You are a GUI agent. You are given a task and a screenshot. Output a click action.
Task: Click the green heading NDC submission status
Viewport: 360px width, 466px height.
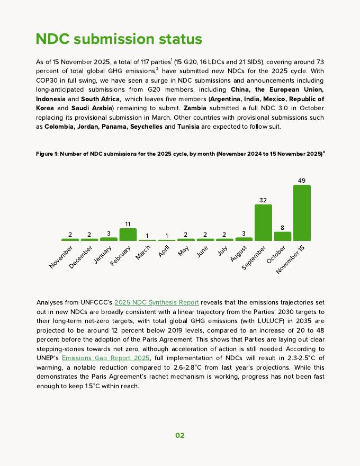(119, 39)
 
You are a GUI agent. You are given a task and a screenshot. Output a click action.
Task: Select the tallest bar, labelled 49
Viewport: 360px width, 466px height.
(302, 213)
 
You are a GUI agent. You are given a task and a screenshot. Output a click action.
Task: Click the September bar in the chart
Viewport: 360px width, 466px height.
(263, 222)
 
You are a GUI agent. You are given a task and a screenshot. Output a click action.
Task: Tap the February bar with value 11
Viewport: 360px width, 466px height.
(128, 235)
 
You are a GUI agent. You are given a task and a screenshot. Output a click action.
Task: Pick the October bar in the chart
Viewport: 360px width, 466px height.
(282, 236)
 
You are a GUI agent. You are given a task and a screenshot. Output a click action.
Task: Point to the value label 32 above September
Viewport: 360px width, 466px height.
(263, 200)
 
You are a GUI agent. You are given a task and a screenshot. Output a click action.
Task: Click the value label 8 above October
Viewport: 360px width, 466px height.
(283, 228)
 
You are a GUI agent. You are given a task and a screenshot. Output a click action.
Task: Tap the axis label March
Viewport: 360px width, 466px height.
(143, 252)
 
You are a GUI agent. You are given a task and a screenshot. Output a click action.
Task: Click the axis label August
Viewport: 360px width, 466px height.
(239, 253)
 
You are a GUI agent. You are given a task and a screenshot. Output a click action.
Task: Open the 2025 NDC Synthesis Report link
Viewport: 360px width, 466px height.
(157, 302)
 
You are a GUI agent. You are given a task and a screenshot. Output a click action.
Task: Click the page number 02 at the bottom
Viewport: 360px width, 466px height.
(180, 435)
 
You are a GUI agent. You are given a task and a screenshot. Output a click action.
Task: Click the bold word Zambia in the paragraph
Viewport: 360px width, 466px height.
(195, 108)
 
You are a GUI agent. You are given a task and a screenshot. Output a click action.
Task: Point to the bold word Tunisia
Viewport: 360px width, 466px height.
(189, 127)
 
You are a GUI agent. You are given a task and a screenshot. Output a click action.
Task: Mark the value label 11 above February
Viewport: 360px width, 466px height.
(128, 224)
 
